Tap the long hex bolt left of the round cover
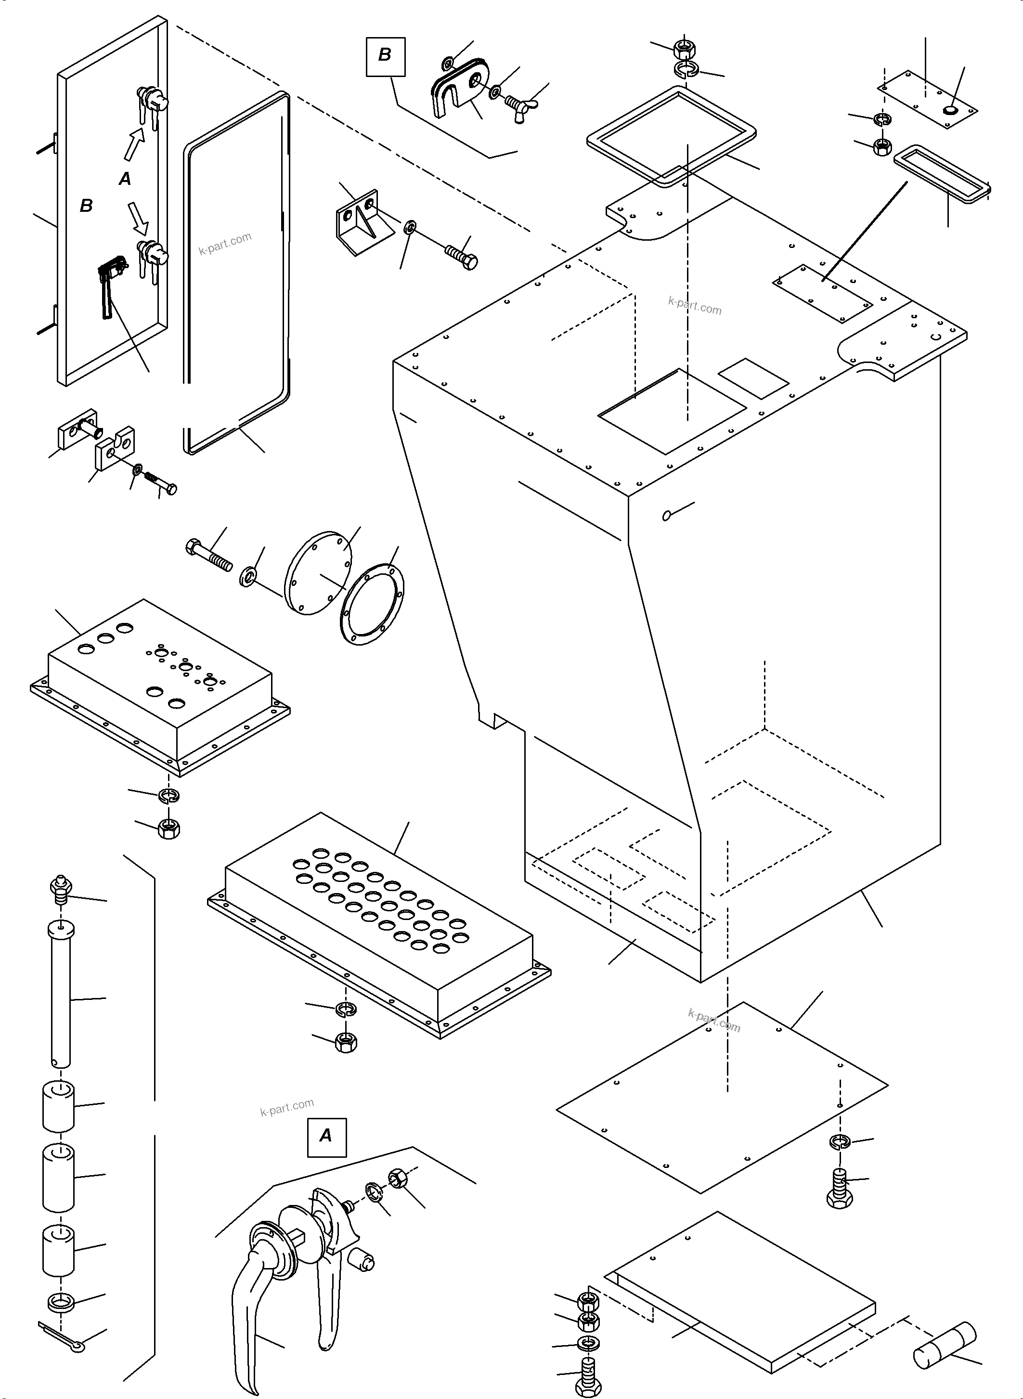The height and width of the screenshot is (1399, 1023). (x=208, y=556)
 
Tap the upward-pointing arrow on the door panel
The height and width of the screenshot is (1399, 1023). (x=134, y=147)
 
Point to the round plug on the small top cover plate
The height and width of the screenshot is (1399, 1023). (x=949, y=110)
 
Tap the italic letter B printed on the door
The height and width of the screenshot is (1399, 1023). (x=86, y=205)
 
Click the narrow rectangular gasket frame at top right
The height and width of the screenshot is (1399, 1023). (x=941, y=173)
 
